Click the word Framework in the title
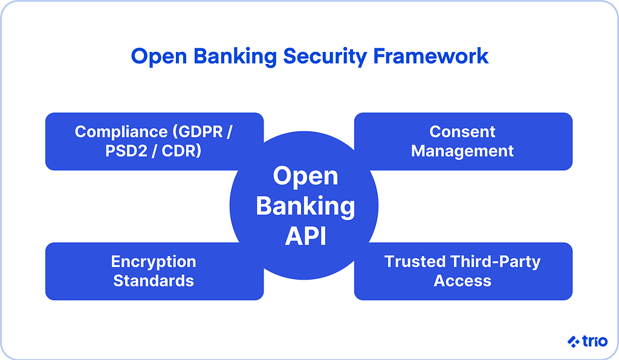(430, 56)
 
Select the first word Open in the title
(155, 56)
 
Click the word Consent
(462, 132)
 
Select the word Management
(462, 151)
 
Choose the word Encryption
(154, 262)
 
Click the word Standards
(154, 281)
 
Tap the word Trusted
(415, 262)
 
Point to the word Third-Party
(495, 262)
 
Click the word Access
(462, 281)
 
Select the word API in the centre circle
(305, 236)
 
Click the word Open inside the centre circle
(305, 176)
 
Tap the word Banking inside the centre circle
(305, 207)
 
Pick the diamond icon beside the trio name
(573, 342)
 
